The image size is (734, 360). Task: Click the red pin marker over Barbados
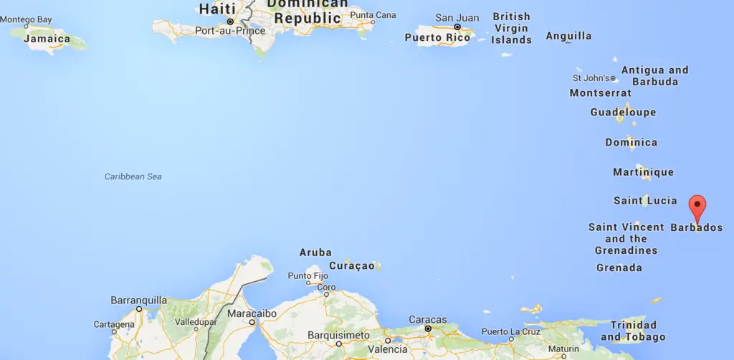click(x=697, y=207)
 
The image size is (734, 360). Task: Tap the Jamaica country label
click(x=47, y=39)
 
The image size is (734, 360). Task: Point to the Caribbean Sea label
click(x=133, y=176)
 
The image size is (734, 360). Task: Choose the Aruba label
click(x=315, y=252)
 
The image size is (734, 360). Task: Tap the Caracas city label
click(x=427, y=320)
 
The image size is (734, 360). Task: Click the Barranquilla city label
click(x=138, y=300)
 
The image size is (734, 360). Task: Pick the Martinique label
click(x=643, y=172)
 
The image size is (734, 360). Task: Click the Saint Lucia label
click(x=645, y=201)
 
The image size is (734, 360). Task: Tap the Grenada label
click(x=619, y=268)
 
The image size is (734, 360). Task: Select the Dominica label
click(x=631, y=143)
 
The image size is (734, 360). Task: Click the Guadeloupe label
click(x=623, y=113)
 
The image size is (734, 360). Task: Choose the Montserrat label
click(x=601, y=93)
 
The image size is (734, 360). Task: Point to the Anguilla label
click(x=568, y=36)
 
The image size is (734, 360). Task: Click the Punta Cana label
click(x=373, y=15)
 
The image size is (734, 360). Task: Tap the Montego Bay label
click(x=27, y=19)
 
